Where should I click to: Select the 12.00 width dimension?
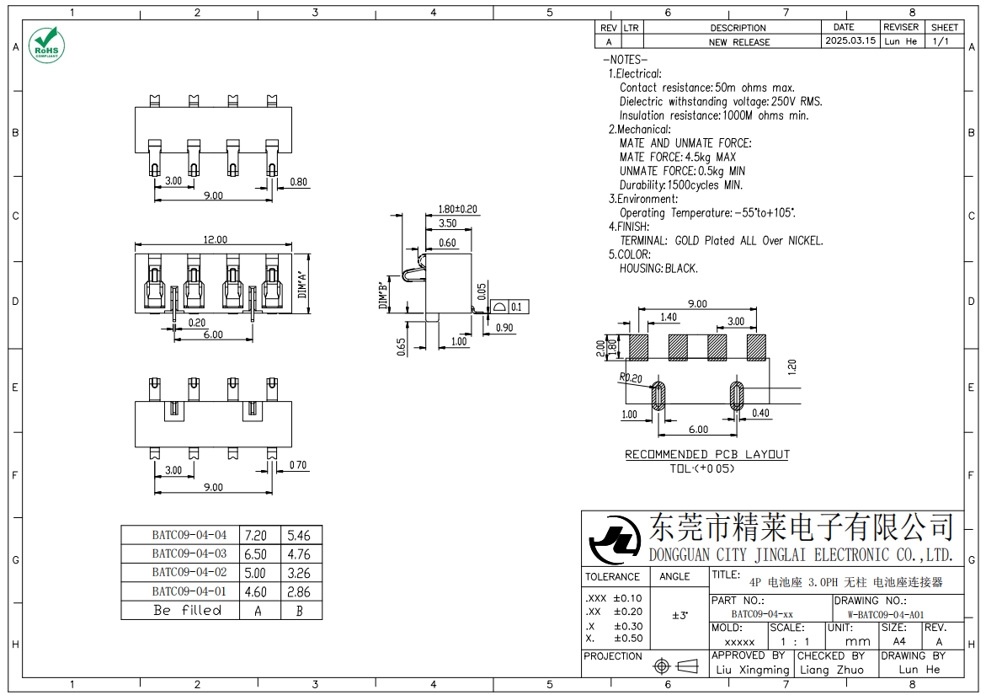pos(214,239)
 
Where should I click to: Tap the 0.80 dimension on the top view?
pos(298,182)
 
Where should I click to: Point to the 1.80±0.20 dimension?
pos(457,209)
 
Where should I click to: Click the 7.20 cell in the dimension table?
pos(255,535)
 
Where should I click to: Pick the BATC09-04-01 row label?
pos(189,591)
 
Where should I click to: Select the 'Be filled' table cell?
pos(187,610)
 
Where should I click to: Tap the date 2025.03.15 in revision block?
pos(850,40)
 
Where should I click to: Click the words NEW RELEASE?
pos(738,41)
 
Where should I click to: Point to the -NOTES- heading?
pos(624,60)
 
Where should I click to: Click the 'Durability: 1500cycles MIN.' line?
pos(680,184)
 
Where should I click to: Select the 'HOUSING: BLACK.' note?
pos(658,268)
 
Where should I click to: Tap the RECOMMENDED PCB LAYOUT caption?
pos(706,455)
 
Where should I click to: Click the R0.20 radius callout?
pos(630,377)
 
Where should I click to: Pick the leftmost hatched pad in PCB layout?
pos(639,347)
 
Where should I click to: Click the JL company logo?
pos(614,541)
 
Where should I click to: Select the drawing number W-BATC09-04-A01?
pos(885,614)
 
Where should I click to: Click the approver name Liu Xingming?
pos(752,670)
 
